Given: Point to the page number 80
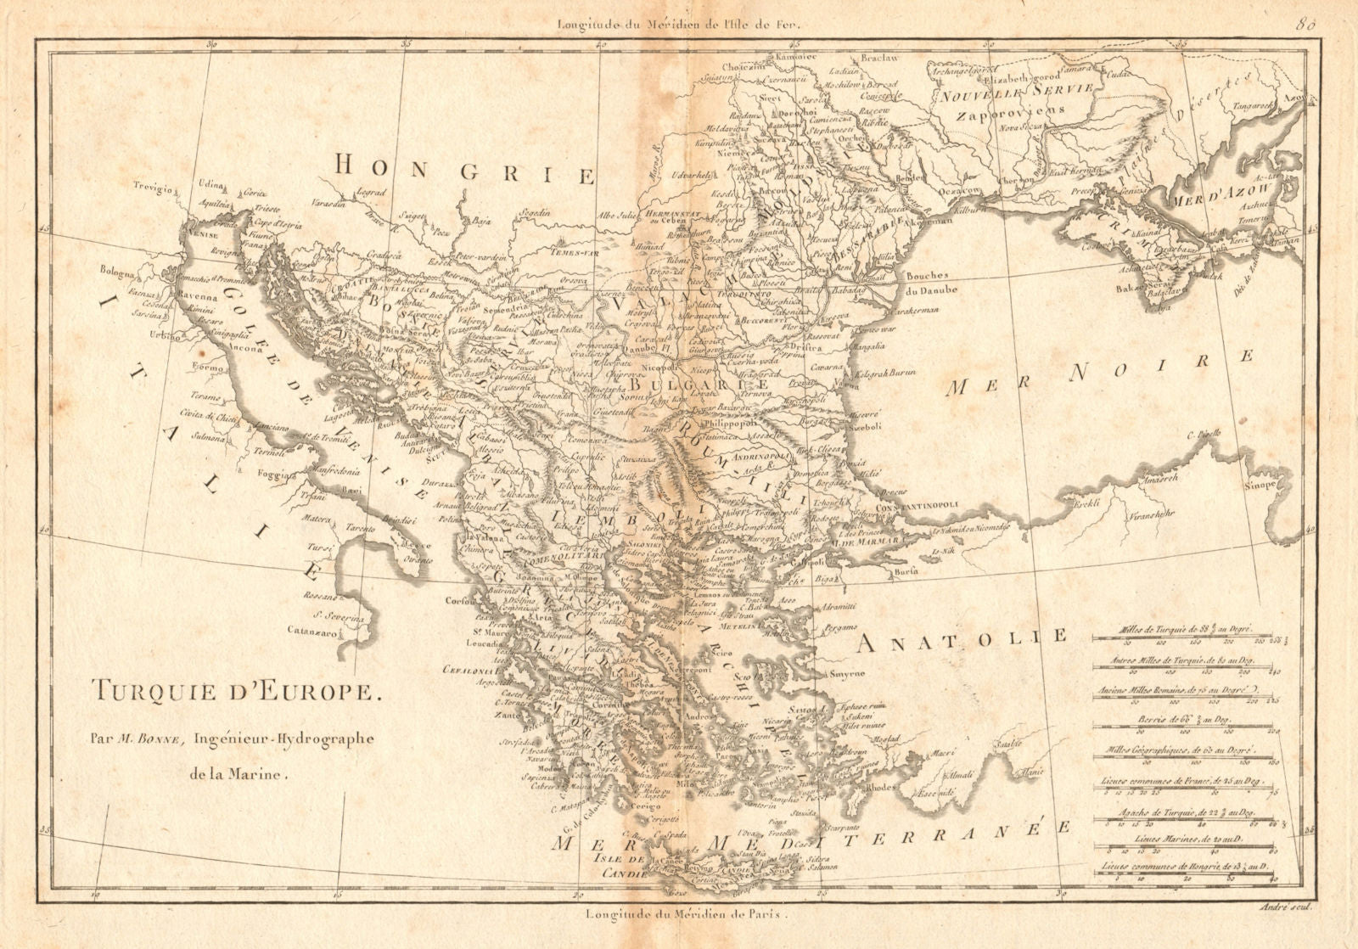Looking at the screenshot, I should [1306, 24].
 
